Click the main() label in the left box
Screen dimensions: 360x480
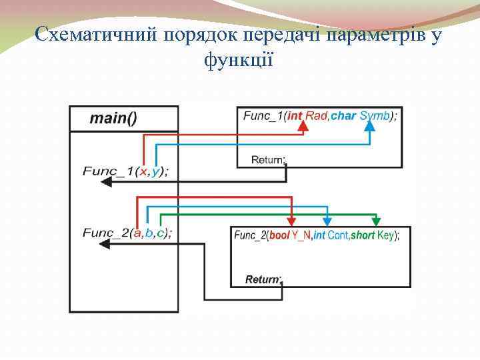pos(114,119)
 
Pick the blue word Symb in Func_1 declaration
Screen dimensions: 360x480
pos(374,116)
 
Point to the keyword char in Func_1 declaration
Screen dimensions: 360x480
pos(343,116)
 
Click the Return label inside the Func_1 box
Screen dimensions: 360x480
pos(268,159)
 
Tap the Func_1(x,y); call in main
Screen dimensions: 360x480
pos(125,171)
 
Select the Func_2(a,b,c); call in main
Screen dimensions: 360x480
pos(127,233)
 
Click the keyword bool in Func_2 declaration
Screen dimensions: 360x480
pos(279,235)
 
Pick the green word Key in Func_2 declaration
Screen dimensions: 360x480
pos(385,235)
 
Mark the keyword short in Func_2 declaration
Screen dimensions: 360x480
pos(363,235)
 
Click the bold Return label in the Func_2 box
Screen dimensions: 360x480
pos(263,279)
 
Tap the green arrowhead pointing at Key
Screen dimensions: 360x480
pos(377,221)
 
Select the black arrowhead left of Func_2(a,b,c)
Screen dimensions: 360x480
pos(105,245)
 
